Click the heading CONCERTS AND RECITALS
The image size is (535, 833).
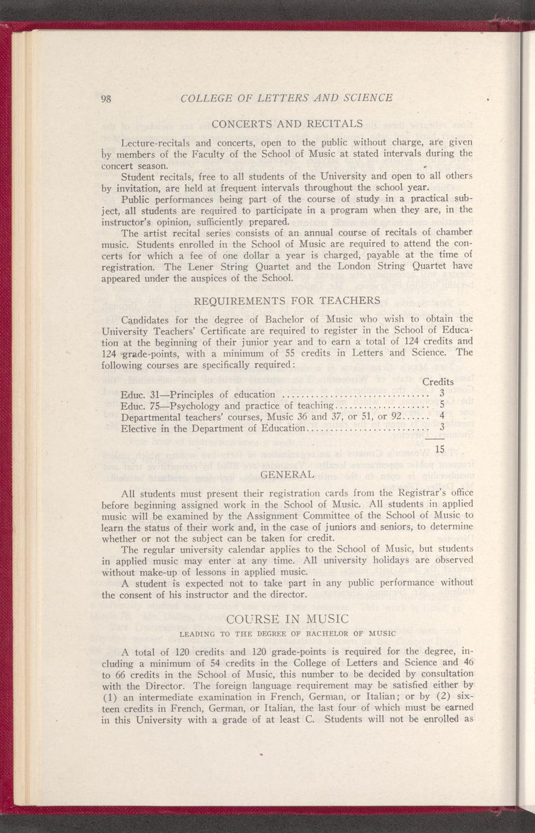(287, 124)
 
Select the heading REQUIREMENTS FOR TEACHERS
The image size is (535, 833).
(287, 301)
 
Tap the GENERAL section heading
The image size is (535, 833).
(287, 473)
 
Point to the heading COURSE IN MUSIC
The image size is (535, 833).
(287, 619)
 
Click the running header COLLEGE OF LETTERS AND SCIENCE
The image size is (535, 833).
(287, 98)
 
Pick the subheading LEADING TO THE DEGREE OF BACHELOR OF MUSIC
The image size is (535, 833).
(287, 634)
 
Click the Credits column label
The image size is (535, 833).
(438, 382)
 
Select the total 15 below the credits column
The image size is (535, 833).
(440, 448)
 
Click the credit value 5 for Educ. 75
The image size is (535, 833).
(442, 405)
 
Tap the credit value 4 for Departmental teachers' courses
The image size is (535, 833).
(442, 416)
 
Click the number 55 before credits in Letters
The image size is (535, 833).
(274, 353)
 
